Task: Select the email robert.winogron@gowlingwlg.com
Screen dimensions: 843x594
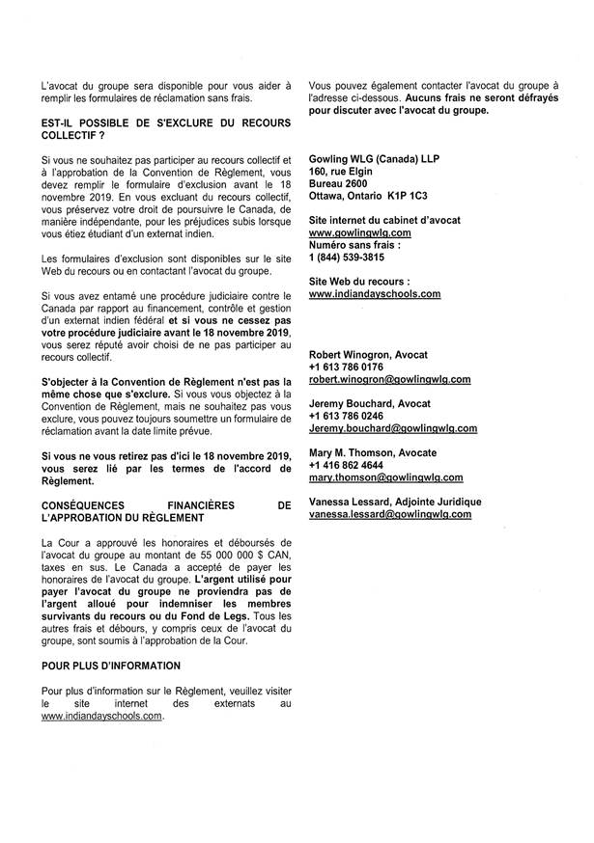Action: coord(389,380)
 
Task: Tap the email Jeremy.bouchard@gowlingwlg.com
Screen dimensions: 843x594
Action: coord(393,427)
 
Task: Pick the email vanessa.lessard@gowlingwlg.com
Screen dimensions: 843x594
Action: coord(390,515)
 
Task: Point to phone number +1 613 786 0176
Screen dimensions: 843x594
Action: coord(346,367)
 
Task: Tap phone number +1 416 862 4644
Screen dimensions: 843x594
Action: coord(346,465)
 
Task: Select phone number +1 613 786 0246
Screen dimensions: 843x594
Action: coord(346,416)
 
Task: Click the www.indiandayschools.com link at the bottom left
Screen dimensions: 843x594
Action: coord(101,718)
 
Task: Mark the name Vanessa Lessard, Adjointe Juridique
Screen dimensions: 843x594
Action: coord(395,502)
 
